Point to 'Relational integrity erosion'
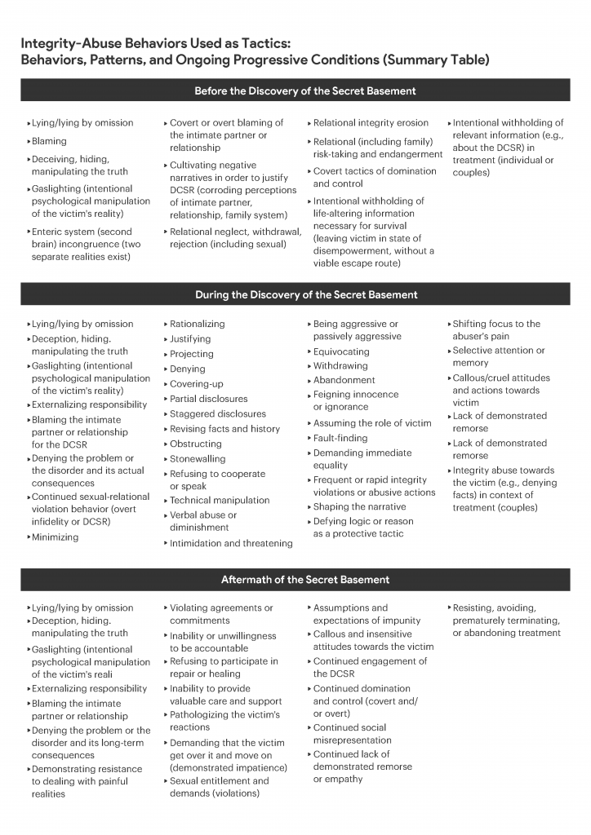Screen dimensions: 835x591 tap(371, 123)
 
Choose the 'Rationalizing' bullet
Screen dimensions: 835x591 tap(197, 324)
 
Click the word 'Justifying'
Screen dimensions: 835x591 tap(190, 339)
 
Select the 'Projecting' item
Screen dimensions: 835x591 tap(192, 354)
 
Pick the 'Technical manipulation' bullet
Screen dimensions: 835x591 tap(220, 501)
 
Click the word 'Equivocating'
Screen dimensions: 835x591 tap(341, 351)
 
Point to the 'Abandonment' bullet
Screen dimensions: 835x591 tap(344, 380)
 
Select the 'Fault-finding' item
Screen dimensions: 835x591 tap(340, 438)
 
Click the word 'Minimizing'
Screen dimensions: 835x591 tap(55, 537)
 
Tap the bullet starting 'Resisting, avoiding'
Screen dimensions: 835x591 tap(506, 620)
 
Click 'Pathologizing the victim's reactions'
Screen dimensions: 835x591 tap(224, 721)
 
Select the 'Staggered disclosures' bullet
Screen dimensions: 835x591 tap(217, 414)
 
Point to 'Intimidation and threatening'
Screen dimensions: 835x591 tap(231, 543)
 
